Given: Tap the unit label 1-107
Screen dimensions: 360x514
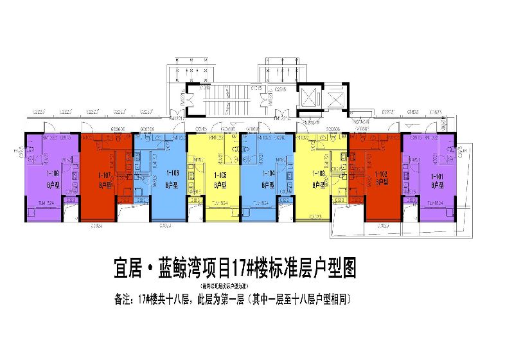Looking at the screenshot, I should (105, 174).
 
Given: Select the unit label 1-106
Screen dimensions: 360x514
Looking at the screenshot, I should (172, 174).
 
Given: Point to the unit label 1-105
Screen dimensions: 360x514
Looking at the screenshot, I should (221, 174).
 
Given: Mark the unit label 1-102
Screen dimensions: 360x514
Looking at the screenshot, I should (382, 174).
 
